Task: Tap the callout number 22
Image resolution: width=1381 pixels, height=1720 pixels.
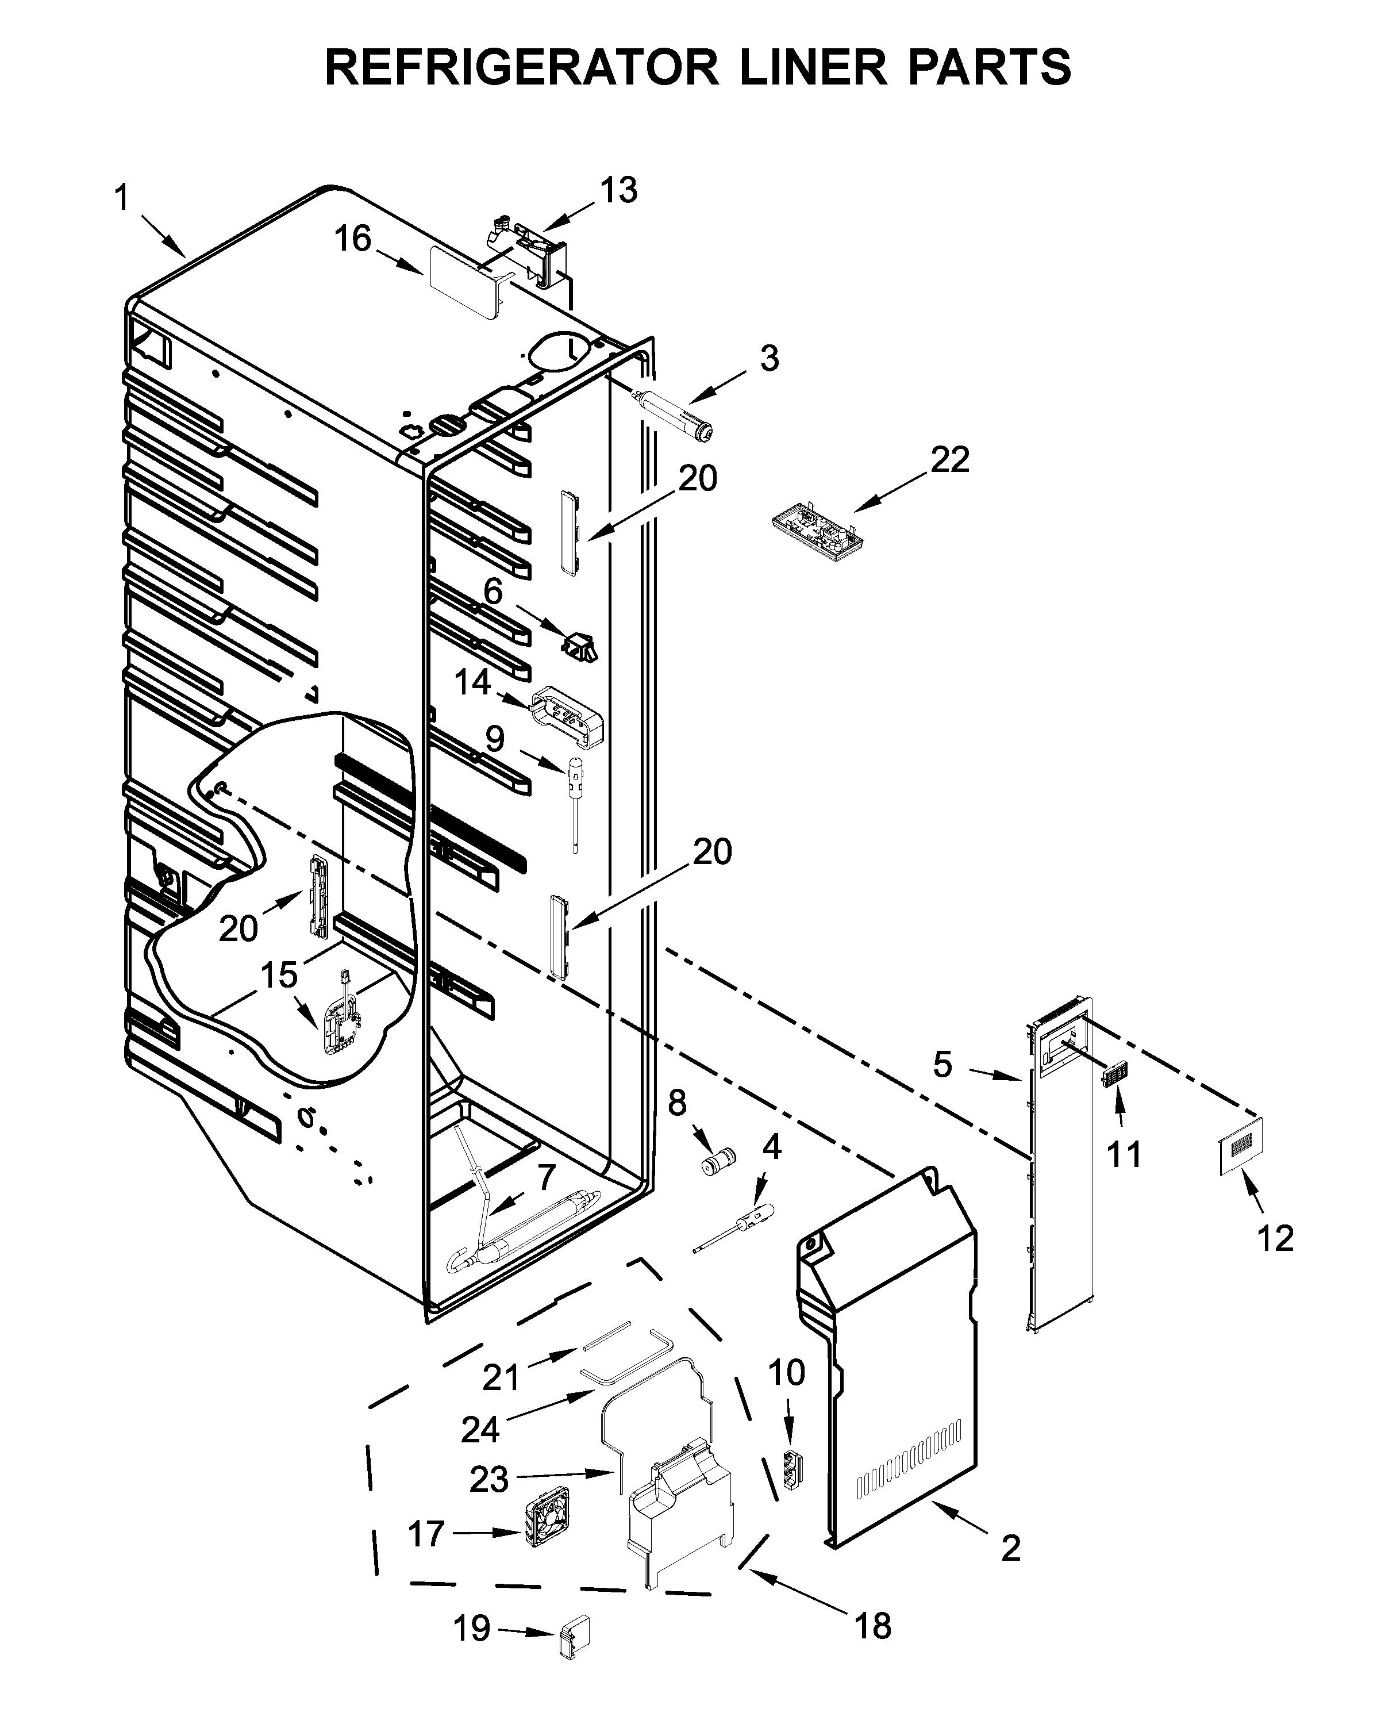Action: [949, 459]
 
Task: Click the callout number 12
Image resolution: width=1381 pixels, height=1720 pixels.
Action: [1274, 1239]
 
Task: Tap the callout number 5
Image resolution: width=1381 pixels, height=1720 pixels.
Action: [943, 1064]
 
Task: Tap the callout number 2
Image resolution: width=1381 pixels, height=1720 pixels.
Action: [1010, 1549]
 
